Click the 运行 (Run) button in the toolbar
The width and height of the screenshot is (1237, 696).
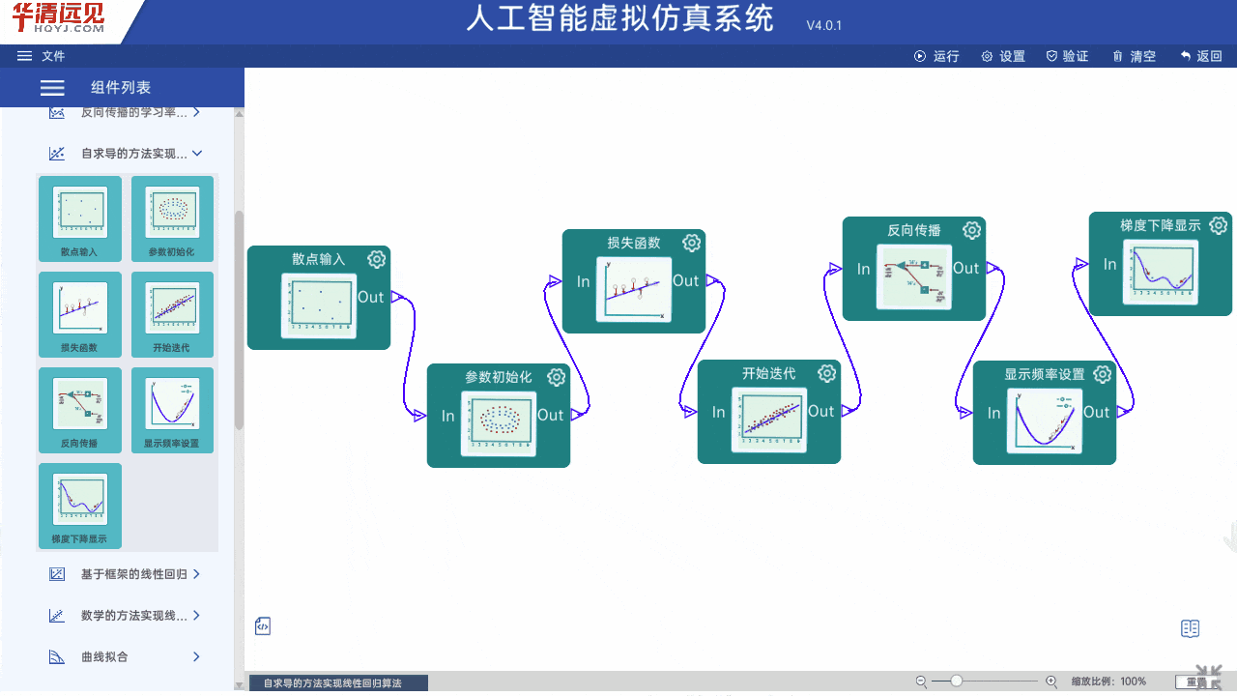click(936, 56)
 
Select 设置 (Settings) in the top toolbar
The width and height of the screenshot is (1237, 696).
click(1003, 56)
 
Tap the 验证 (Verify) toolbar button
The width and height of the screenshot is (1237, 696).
click(1067, 56)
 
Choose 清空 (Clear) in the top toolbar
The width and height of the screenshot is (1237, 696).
click(1134, 56)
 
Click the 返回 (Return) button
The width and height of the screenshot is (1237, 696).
click(1200, 56)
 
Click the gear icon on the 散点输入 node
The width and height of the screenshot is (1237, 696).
click(377, 259)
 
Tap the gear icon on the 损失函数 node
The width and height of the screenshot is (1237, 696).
click(691, 243)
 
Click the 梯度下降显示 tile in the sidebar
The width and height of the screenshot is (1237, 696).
click(79, 506)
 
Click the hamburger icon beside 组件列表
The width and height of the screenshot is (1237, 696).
click(52, 88)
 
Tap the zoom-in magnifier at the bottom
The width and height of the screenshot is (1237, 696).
click(1051, 681)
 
